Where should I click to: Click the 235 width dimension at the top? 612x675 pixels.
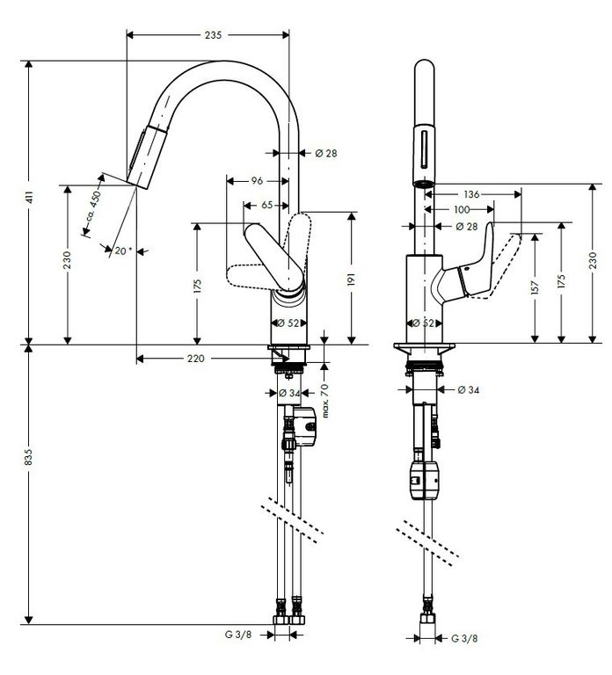point(213,35)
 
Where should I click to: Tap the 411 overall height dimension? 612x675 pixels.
point(29,198)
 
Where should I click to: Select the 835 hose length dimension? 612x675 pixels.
point(28,457)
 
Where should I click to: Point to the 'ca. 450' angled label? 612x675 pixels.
point(93,206)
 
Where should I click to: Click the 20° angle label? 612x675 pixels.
point(123,250)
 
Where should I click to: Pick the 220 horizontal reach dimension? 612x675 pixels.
point(195,359)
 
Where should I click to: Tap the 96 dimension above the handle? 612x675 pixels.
point(257,181)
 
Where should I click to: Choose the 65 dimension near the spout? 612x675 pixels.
point(267,205)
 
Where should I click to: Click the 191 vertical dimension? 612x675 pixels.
point(352,279)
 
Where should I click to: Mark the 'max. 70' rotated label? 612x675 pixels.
point(325,401)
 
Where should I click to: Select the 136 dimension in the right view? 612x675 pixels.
point(471,194)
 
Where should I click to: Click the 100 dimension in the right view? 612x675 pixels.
point(462,210)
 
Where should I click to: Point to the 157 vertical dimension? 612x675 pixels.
point(535,288)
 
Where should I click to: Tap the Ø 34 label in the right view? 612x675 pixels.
point(469,389)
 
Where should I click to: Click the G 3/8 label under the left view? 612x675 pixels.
point(238,634)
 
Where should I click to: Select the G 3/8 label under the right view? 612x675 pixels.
point(464,638)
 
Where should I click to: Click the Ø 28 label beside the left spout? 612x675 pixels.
point(326,153)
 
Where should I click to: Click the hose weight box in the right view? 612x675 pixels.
point(425,480)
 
